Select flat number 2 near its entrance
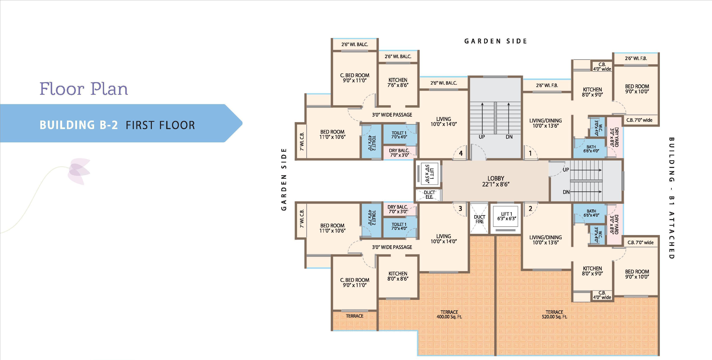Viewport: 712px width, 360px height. click(x=530, y=208)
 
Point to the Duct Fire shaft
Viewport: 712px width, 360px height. click(x=479, y=219)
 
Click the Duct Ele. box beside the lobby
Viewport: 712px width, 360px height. click(x=429, y=195)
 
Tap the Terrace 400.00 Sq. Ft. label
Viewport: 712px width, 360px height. click(x=449, y=314)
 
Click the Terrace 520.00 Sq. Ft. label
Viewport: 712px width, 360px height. click(x=554, y=314)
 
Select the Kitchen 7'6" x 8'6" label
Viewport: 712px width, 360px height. click(x=398, y=82)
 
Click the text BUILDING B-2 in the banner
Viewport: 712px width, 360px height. click(x=79, y=125)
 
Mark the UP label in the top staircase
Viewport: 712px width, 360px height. click(x=482, y=137)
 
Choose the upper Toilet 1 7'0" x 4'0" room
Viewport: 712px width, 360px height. click(x=399, y=135)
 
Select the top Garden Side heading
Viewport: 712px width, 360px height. click(x=496, y=41)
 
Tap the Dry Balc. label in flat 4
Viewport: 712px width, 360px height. click(x=399, y=153)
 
